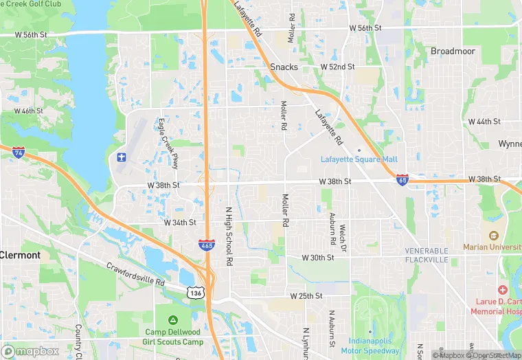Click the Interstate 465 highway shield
pos(206,245)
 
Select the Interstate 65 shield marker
pos(402,180)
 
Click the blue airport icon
pos(122,159)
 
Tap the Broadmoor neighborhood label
pos(453,51)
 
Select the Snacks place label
pos(284,67)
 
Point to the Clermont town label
pos(21,255)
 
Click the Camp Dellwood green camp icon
pos(172,320)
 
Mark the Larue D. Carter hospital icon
pos(502,291)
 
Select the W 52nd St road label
pos(337,67)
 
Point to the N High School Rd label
pos(229,236)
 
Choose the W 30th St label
pos(318,258)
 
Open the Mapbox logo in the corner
pos(30,350)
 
